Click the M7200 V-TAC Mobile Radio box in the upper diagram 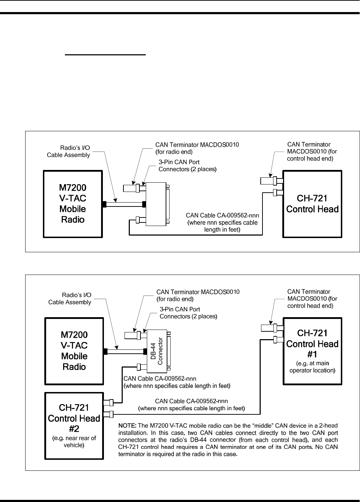(73, 204)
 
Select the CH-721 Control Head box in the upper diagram (312, 204)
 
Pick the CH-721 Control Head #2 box (74, 426)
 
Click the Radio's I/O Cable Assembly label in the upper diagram (69, 151)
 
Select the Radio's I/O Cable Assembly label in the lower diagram (70, 299)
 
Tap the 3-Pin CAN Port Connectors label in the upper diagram (187, 166)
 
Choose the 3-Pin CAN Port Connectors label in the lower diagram (188, 313)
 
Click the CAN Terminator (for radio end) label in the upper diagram (197, 148)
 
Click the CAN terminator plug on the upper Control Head (268, 181)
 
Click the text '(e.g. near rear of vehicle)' (74, 441)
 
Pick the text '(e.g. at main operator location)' (312, 367)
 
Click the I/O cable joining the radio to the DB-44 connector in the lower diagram (125, 352)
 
